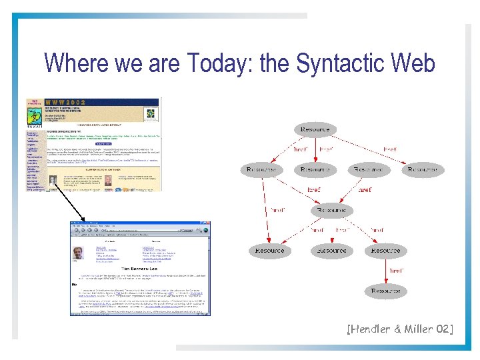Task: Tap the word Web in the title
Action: pos(414,63)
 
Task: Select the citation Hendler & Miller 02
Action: pos(399,328)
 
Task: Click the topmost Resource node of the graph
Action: pos(315,129)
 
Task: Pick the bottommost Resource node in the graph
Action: pos(385,291)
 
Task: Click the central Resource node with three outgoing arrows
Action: pos(331,210)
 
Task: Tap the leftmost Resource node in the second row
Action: pos(261,170)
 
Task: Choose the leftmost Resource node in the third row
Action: pos(269,251)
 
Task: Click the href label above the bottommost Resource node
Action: pos(396,271)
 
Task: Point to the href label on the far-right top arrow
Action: pos(389,149)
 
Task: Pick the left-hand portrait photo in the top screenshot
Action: pos(53,180)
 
